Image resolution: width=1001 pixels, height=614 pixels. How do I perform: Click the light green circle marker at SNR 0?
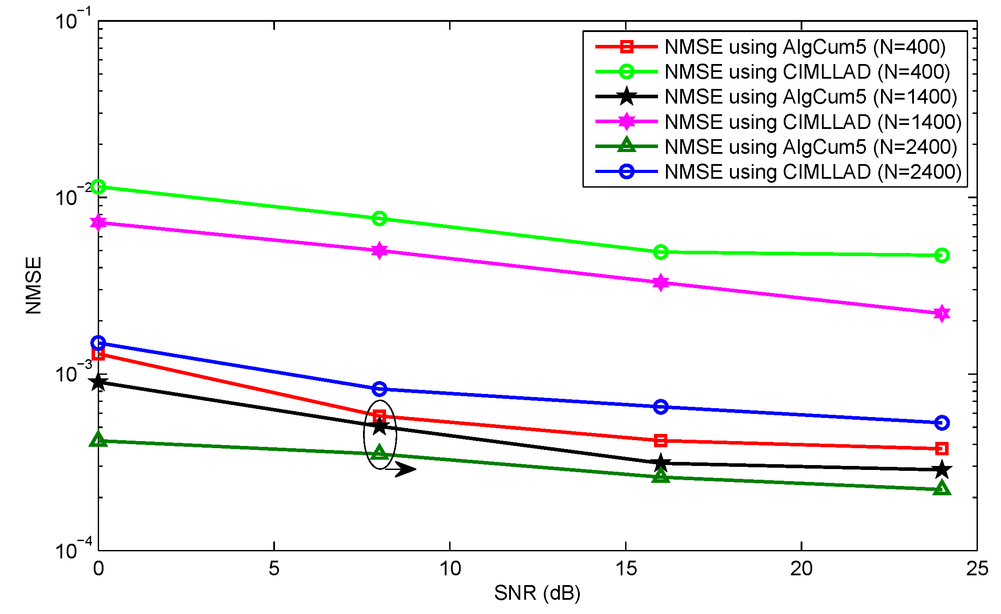98,187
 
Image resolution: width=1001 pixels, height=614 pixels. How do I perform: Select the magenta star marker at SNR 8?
379,250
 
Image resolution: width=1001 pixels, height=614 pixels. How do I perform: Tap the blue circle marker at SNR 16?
661,407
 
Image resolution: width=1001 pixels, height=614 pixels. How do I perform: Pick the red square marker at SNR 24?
941,449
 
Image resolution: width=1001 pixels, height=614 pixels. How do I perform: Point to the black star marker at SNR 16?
661,463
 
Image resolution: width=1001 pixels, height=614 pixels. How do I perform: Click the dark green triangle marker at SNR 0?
98,440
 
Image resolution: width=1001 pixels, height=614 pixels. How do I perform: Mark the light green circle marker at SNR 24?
941,255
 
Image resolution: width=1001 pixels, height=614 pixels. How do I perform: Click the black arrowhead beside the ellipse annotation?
405,469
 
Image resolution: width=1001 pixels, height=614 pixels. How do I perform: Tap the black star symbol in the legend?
626,96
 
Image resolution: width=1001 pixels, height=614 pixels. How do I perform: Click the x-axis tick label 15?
626,569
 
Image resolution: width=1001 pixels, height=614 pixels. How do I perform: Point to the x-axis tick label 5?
274,569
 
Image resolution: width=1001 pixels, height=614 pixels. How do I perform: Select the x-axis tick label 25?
977,569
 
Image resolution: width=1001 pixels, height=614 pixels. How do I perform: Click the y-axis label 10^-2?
72,196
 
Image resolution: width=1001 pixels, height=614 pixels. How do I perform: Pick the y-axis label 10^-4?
72,549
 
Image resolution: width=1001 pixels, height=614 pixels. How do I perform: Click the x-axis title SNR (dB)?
537,593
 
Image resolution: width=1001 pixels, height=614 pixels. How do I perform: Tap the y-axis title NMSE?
34,285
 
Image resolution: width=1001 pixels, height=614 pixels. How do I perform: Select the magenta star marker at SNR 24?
941,313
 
